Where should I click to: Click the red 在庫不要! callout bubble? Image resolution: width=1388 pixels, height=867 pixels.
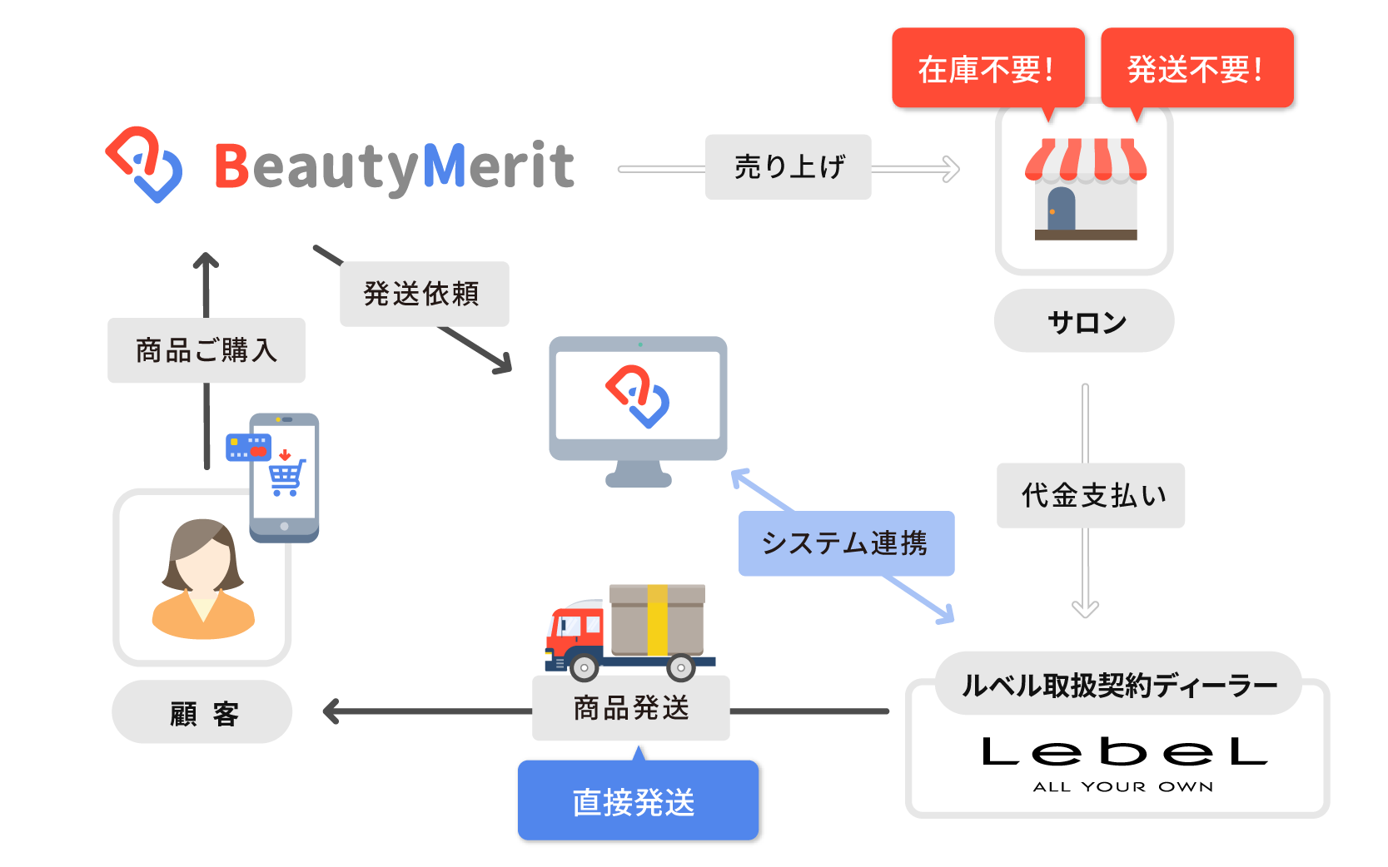point(988,68)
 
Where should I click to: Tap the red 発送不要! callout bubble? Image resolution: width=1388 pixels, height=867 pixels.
point(1196,68)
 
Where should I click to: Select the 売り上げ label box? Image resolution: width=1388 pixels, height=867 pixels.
point(788,167)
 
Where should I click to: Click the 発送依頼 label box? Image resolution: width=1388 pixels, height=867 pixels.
point(424,294)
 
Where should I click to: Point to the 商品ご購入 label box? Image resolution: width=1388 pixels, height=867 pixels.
point(206,350)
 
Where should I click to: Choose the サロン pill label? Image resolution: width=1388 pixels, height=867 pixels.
point(1084,321)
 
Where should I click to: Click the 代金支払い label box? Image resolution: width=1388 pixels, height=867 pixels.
point(1090,495)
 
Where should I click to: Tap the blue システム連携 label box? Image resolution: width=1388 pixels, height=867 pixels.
point(846,543)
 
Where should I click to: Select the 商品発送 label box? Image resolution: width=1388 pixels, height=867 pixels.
point(630,708)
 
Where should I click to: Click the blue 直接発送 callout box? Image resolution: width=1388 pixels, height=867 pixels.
point(638,801)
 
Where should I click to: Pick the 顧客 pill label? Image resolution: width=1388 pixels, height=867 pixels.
point(202,712)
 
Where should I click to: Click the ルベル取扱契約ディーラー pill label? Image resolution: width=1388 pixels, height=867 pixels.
point(1118,684)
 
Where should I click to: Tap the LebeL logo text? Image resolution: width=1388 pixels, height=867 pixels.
point(1124,752)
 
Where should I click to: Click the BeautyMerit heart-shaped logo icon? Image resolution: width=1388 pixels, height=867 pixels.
point(144,164)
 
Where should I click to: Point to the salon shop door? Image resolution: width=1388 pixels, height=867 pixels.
point(1061,209)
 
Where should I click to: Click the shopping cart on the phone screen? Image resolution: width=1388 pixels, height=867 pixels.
point(286,478)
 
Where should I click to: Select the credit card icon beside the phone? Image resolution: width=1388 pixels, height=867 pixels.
point(248,447)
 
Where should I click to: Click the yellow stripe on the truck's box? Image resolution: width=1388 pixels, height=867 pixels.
point(657,620)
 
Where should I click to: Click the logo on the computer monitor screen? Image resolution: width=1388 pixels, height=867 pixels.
point(638,396)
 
